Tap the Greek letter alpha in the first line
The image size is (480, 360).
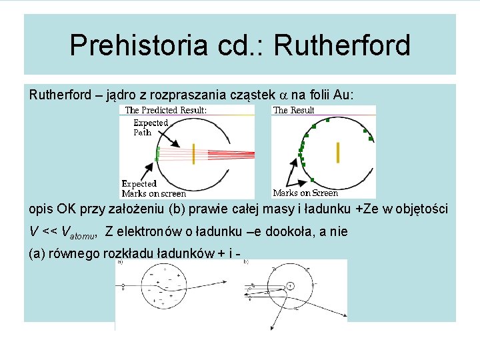tap(281, 95)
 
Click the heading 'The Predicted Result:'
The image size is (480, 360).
tap(166, 110)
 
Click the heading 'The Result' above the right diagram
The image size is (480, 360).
tap(294, 110)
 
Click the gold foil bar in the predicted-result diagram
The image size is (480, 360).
tap(193, 153)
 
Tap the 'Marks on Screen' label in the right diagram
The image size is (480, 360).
tap(305, 193)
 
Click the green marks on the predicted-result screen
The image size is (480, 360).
tap(158, 153)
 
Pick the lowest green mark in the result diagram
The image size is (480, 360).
tap(311, 179)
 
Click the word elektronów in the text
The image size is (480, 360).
tap(149, 231)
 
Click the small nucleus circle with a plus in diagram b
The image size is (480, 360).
tap(291, 286)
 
